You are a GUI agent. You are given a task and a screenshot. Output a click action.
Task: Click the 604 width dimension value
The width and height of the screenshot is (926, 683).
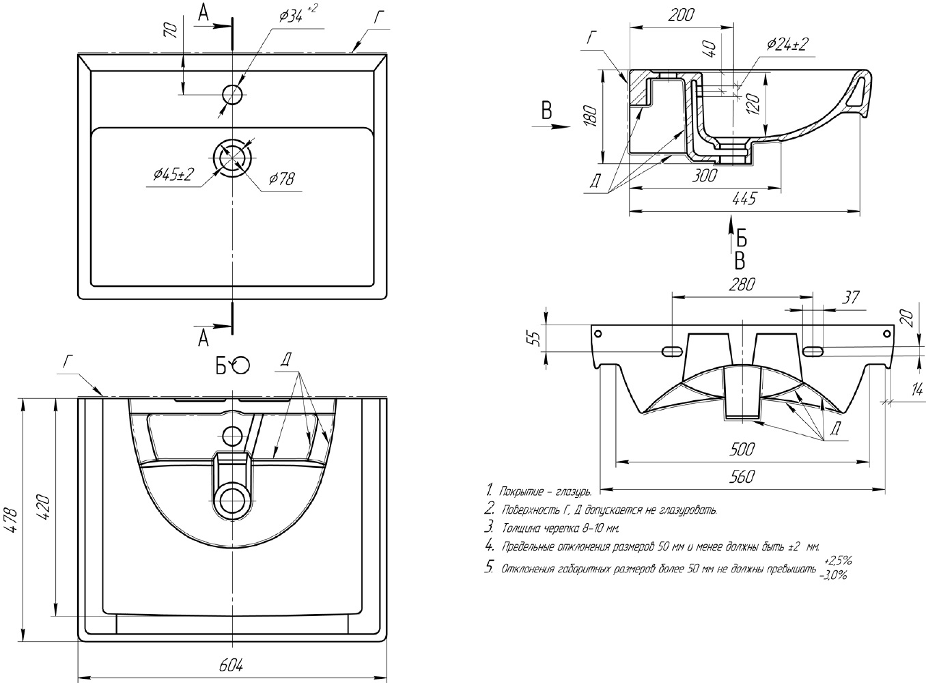(x=232, y=665)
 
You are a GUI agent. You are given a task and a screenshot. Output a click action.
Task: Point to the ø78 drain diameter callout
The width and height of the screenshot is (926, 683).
(x=281, y=179)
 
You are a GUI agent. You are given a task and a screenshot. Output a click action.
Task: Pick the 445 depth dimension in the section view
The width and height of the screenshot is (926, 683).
(x=744, y=199)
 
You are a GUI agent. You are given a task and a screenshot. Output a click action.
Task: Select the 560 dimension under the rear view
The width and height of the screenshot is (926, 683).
(x=741, y=477)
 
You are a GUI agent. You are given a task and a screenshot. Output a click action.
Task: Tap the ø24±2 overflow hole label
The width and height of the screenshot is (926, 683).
(x=787, y=44)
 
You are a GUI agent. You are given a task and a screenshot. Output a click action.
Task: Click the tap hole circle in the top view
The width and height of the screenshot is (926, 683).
(x=232, y=94)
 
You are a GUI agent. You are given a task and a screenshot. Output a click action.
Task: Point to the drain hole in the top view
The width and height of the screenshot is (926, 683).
(x=232, y=157)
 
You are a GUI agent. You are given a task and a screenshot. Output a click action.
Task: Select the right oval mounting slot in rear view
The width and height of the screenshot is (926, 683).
(x=813, y=351)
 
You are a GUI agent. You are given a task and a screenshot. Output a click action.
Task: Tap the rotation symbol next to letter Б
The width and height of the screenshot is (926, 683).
(x=241, y=366)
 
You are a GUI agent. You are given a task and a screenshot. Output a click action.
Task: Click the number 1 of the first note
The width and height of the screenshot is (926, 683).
(x=489, y=490)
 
